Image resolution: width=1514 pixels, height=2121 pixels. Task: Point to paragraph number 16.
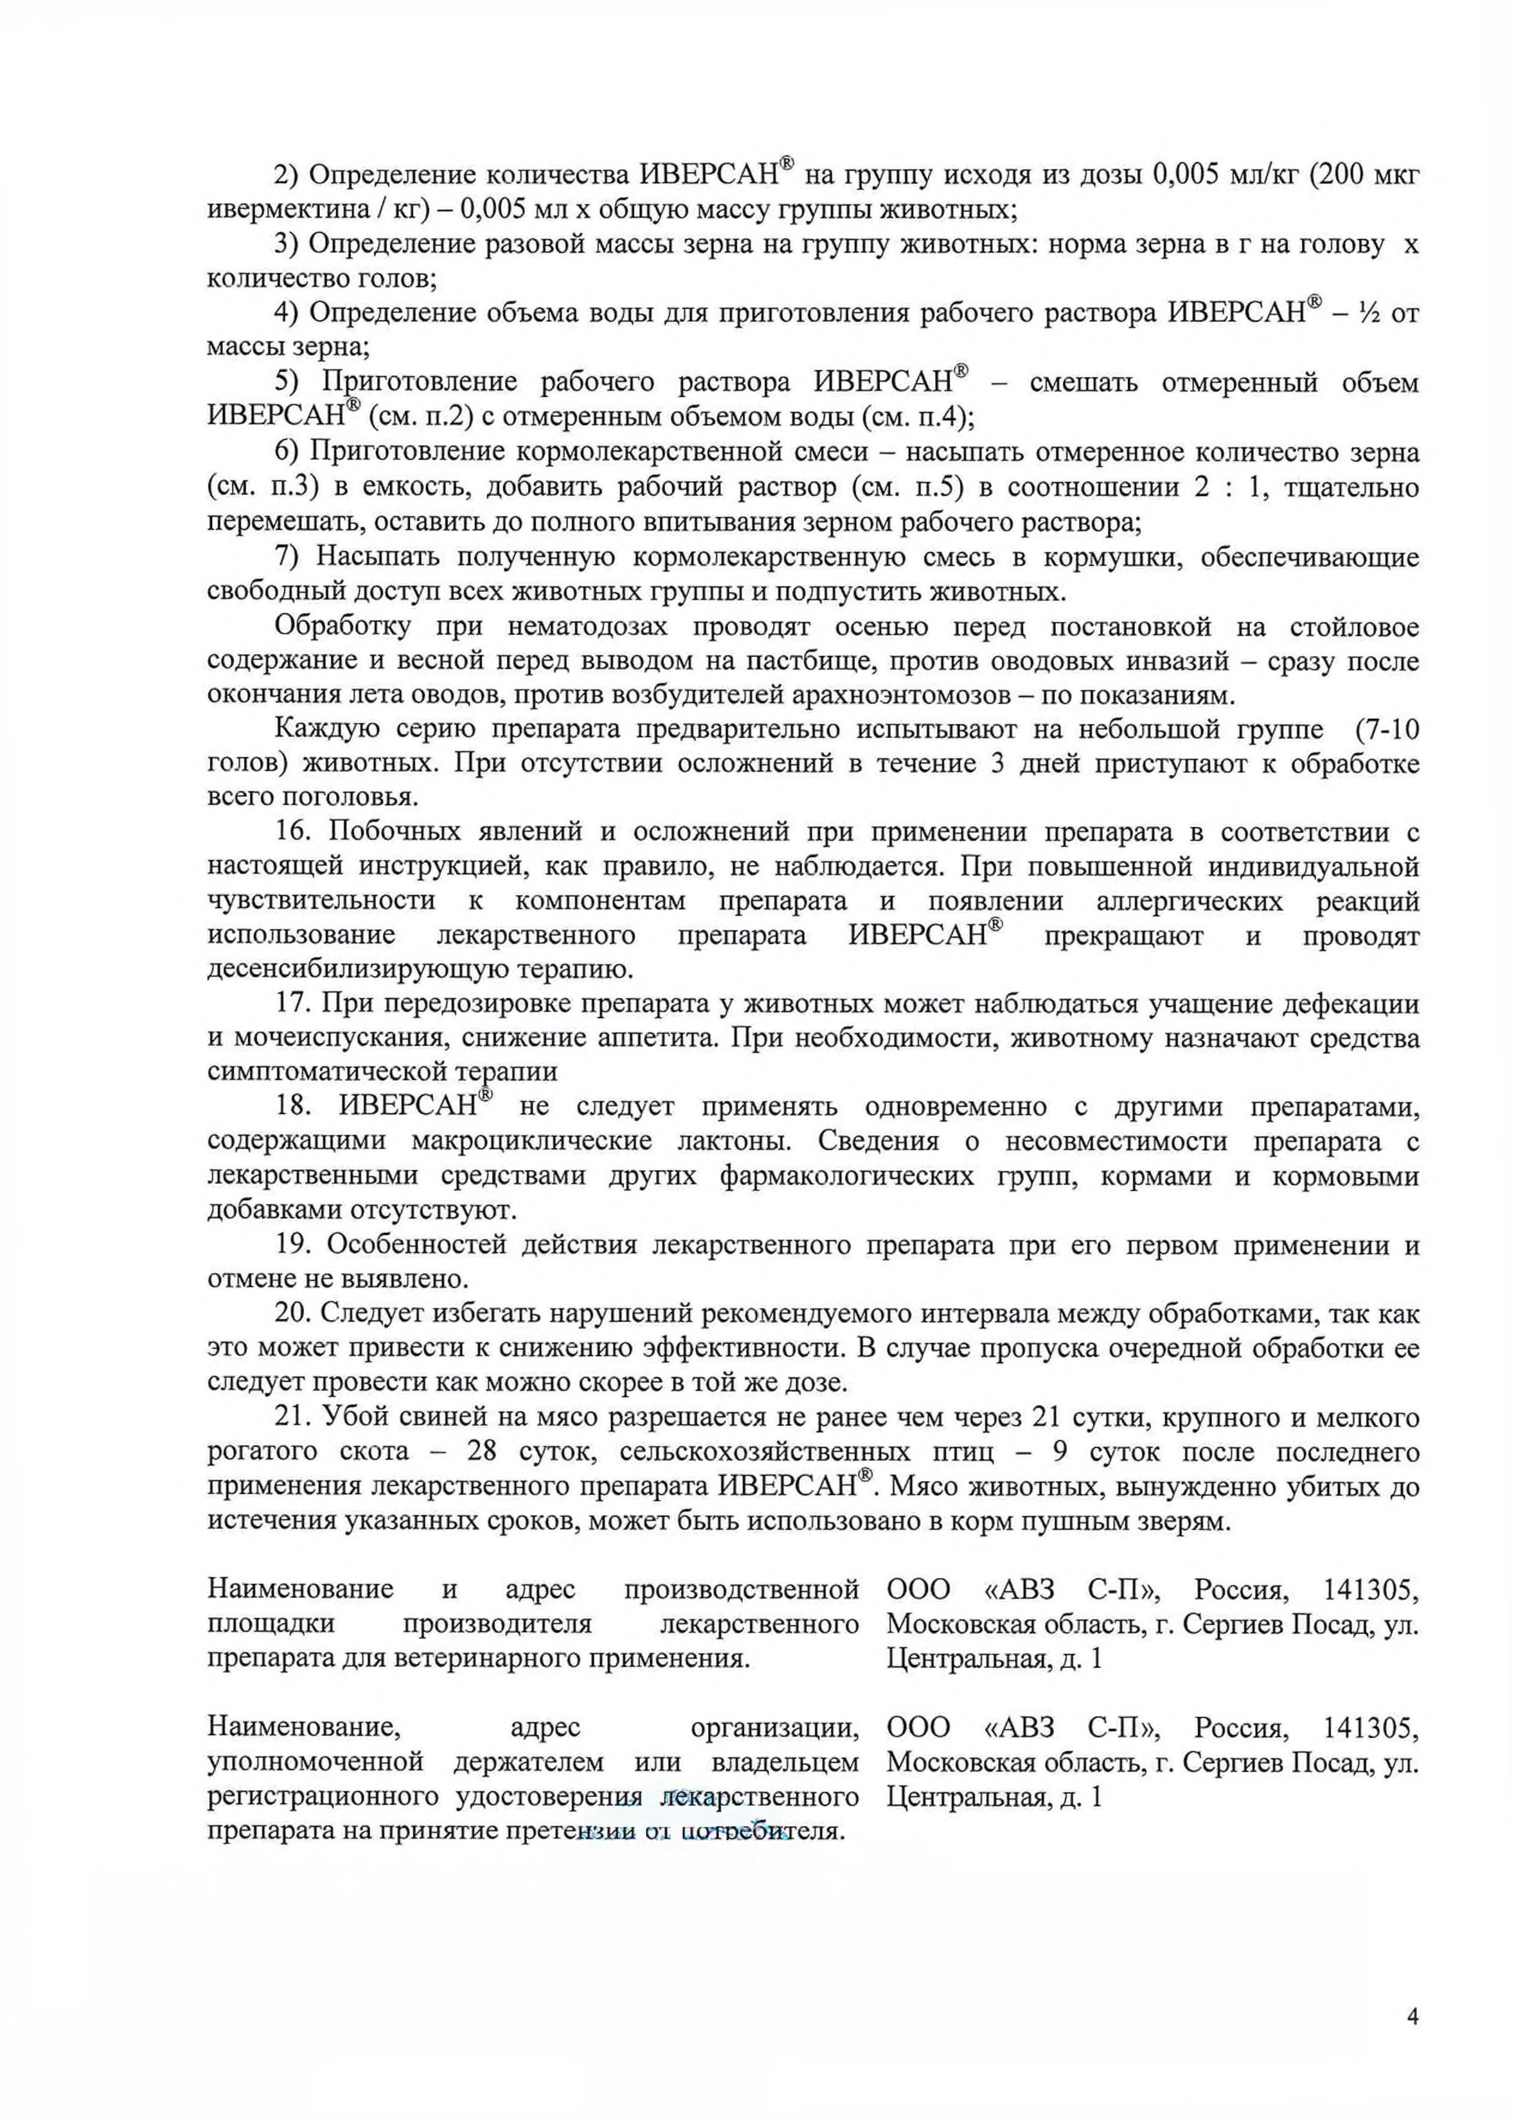pyautogui.click(x=293, y=832)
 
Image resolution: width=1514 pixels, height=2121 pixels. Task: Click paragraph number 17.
pyautogui.click(x=293, y=1004)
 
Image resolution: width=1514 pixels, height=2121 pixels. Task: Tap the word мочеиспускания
pyautogui.click(x=329, y=1038)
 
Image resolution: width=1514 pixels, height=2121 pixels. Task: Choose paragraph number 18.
pyautogui.click(x=293, y=1108)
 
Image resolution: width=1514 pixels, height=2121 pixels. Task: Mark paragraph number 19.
pyautogui.click(x=293, y=1246)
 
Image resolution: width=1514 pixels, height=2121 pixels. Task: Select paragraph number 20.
pyautogui.click(x=293, y=1315)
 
